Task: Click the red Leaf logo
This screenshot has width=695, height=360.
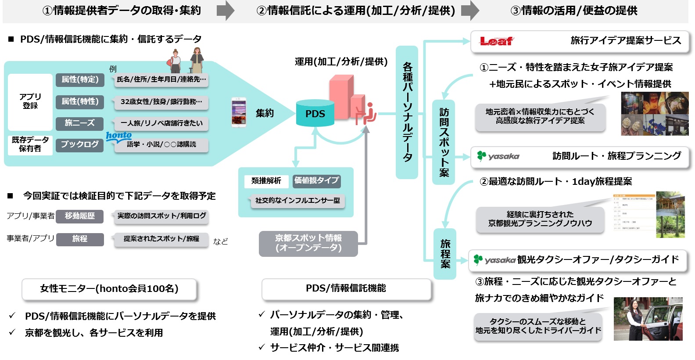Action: click(496, 41)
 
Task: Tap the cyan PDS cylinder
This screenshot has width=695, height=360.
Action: click(315, 114)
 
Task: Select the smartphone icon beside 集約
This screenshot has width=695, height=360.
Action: click(239, 112)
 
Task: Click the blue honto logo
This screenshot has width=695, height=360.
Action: click(118, 136)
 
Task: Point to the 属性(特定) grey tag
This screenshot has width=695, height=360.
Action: click(80, 79)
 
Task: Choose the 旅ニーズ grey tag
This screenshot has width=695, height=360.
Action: click(79, 123)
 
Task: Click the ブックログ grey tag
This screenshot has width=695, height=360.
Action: click(79, 144)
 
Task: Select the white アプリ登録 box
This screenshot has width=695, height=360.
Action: click(30, 101)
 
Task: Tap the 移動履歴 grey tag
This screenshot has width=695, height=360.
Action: click(80, 216)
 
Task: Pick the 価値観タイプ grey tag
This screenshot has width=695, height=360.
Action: click(316, 180)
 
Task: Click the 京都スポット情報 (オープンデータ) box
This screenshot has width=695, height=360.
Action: click(308, 243)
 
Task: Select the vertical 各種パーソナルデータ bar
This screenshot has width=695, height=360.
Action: click(407, 112)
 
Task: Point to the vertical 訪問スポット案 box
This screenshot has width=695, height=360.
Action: click(444, 142)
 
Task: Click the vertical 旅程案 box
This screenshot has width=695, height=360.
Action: click(445, 254)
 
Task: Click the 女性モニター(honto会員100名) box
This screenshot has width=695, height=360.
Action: click(109, 289)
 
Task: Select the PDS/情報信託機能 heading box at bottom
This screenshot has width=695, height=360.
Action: click(346, 288)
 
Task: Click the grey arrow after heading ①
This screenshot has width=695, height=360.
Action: click(226, 11)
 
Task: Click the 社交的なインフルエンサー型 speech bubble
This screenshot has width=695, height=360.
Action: click(297, 201)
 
